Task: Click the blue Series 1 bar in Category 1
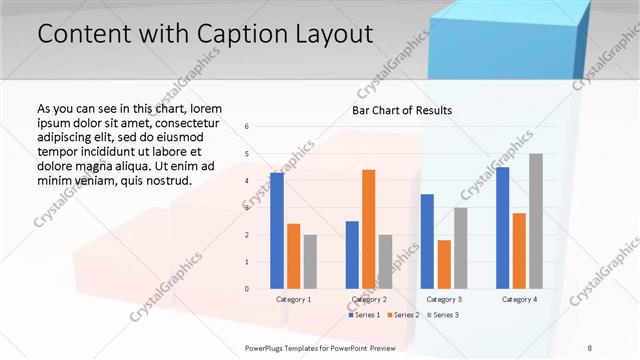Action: click(x=277, y=231)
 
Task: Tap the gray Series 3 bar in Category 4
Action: click(x=536, y=221)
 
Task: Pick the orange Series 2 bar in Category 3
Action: click(x=444, y=264)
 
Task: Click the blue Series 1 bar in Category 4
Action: click(x=503, y=228)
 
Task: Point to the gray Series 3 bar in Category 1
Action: click(x=310, y=262)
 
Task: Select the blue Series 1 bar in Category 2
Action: click(x=352, y=255)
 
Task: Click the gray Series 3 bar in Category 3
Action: click(x=460, y=248)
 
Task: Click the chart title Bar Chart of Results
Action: click(x=402, y=110)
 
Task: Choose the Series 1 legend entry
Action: click(x=366, y=315)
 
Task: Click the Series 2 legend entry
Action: click(x=405, y=315)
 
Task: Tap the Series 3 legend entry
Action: click(x=443, y=315)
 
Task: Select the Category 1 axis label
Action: click(x=293, y=299)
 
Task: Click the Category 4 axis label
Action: click(x=519, y=299)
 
